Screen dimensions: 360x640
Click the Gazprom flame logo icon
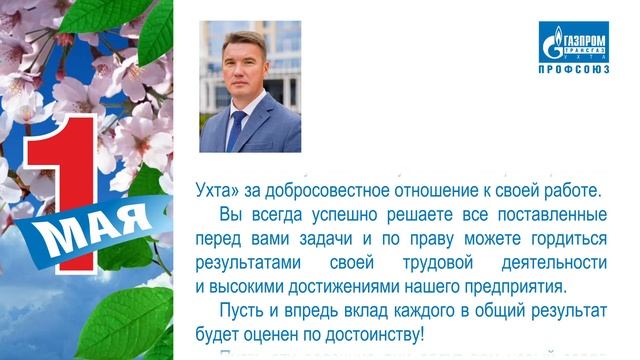point(552,43)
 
